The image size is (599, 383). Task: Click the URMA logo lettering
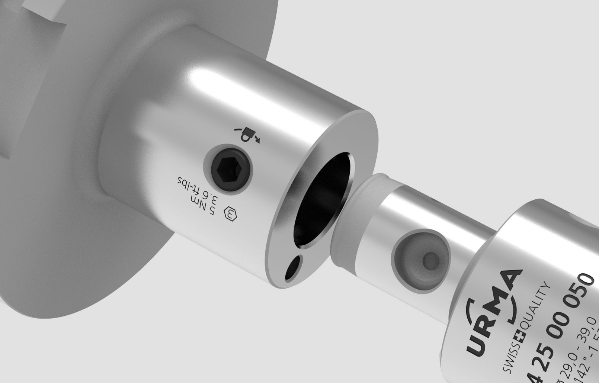pyautogui.click(x=491, y=316)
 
